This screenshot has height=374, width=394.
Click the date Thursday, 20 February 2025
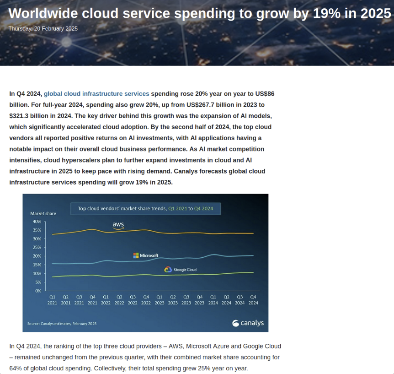(x=43, y=29)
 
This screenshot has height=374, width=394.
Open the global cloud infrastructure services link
(x=96, y=94)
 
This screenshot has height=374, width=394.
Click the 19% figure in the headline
(x=326, y=14)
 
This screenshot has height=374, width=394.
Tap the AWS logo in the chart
(x=118, y=225)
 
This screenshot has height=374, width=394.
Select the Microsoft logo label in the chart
(x=145, y=255)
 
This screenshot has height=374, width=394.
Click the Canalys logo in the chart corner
(x=248, y=323)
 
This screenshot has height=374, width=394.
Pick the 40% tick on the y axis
(x=37, y=221)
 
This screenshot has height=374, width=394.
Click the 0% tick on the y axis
(x=38, y=291)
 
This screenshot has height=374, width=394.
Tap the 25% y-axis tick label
(x=37, y=247)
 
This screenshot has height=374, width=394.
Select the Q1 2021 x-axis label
(x=53, y=299)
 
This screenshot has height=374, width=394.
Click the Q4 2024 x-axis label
(x=253, y=299)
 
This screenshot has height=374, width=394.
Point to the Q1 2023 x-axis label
(x=160, y=299)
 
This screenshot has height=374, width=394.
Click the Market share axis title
(x=43, y=213)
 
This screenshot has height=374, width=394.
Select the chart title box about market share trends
(x=145, y=209)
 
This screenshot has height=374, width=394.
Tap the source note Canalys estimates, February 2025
(x=62, y=324)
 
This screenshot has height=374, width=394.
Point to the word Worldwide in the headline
(x=43, y=14)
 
